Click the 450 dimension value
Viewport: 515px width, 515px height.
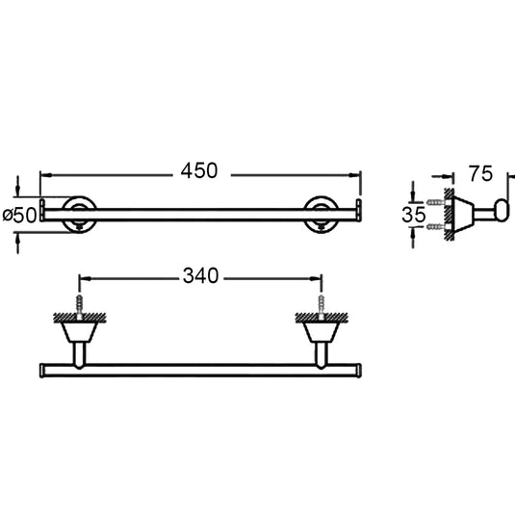pyautogui.click(x=199, y=170)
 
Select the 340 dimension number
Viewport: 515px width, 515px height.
pyautogui.click(x=200, y=276)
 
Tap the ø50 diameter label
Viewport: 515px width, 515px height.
pyautogui.click(x=19, y=216)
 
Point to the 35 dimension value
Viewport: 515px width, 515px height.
pyautogui.click(x=414, y=215)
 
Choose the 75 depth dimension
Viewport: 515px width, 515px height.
pyautogui.click(x=480, y=173)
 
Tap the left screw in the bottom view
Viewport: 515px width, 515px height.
pyautogui.click(x=80, y=307)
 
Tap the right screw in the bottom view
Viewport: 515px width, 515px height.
pyautogui.click(x=322, y=307)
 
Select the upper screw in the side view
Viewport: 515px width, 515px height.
pyautogui.click(x=436, y=202)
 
